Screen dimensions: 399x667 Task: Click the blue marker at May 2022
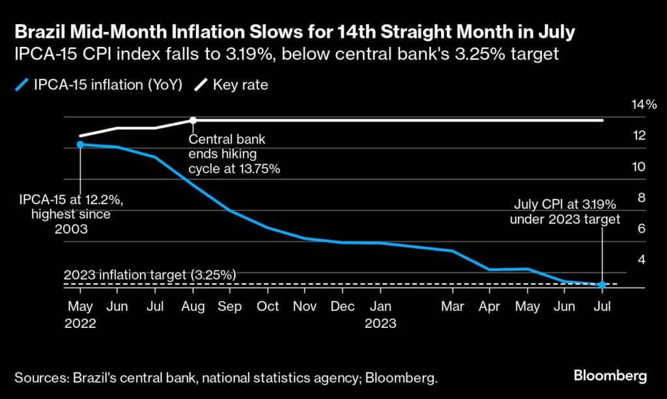click(80, 144)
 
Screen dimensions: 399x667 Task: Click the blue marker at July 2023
click(603, 285)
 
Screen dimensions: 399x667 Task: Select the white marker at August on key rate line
click(193, 120)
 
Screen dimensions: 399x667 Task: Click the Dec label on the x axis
click(343, 306)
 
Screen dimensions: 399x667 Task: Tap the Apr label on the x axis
click(490, 306)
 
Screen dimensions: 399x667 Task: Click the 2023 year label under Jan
click(381, 322)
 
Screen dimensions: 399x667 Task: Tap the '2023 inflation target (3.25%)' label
click(150, 275)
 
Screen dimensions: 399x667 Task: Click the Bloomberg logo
click(610, 376)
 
